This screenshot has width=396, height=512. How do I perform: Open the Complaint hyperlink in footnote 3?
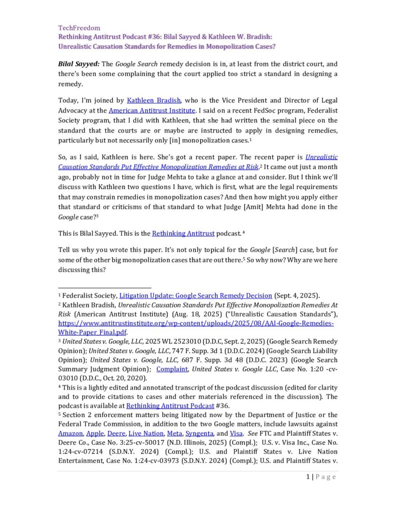(173, 369)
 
